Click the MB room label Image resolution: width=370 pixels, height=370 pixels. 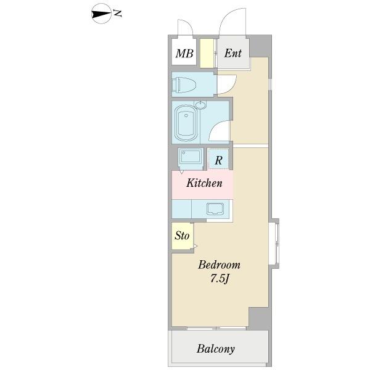click(184, 54)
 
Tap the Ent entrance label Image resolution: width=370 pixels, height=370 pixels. click(232, 53)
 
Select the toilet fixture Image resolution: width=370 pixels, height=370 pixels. click(184, 84)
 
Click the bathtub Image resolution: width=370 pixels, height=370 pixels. click(186, 123)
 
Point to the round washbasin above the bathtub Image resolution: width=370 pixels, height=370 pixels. click(200, 105)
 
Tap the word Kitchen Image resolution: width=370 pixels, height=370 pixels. click(204, 183)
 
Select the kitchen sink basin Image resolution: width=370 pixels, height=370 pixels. click(215, 209)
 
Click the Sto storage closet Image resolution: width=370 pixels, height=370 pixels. click(182, 236)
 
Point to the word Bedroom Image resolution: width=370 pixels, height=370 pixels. click(219, 265)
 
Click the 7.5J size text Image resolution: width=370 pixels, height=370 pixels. click(220, 279)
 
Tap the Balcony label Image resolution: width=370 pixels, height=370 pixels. click(216, 349)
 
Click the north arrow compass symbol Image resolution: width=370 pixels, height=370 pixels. click(101, 14)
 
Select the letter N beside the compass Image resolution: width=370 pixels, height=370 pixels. click(117, 13)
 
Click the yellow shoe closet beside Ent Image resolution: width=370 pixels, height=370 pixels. click(207, 53)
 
